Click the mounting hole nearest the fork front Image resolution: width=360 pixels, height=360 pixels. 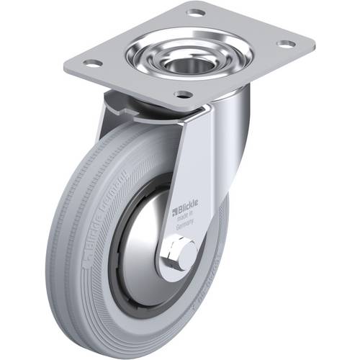(184, 94)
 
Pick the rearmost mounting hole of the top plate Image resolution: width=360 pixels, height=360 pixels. (196, 12)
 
